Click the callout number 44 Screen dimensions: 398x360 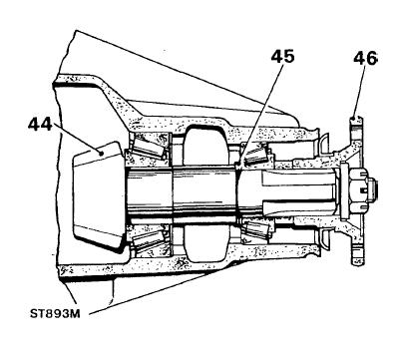pyautogui.click(x=40, y=125)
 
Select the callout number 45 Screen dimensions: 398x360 pyautogui.click(x=282, y=56)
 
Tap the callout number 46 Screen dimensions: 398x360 pyautogui.click(x=366, y=58)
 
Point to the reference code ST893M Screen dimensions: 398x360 pyautogui.click(x=55, y=314)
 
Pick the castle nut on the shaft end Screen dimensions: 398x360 pyautogui.click(x=359, y=190)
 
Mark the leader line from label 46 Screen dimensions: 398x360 pyautogui.click(x=360, y=91)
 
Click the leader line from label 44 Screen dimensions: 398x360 pyautogui.click(x=77, y=139)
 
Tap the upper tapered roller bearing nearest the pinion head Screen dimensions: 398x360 pyautogui.click(x=148, y=148)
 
